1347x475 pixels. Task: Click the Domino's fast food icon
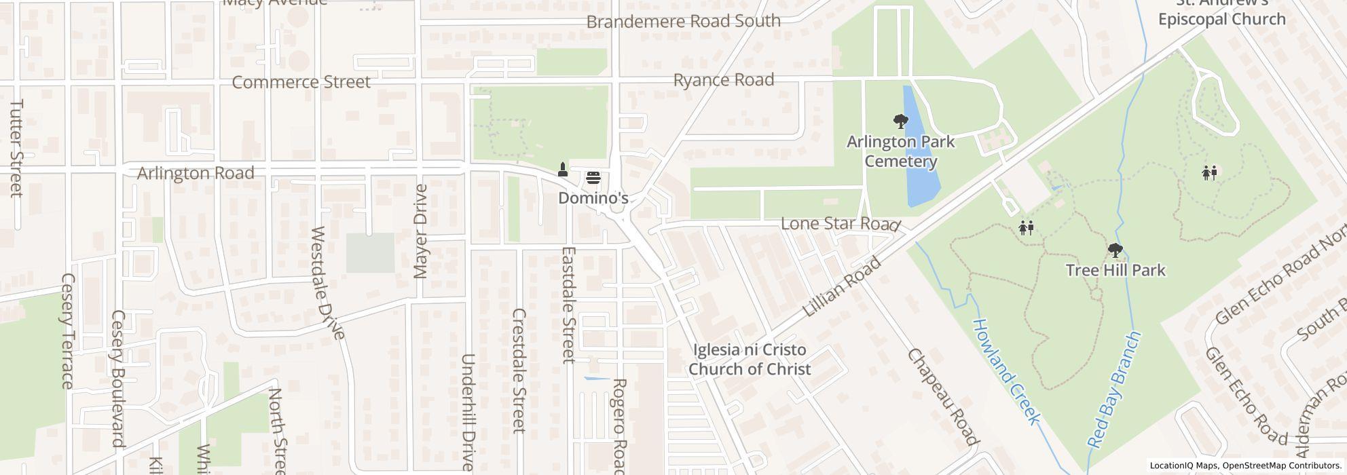(593, 178)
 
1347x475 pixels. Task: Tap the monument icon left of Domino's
(562, 169)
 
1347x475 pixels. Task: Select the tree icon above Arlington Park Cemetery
(901, 122)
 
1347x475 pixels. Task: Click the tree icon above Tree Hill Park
(1115, 251)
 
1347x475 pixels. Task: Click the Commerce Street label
(301, 82)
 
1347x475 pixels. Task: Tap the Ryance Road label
(724, 80)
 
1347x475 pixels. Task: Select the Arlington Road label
(196, 173)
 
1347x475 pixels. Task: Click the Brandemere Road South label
(683, 21)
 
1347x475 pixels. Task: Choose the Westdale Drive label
(329, 282)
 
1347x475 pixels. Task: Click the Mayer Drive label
(421, 231)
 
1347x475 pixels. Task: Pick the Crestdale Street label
(519, 370)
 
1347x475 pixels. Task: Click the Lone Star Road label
(840, 223)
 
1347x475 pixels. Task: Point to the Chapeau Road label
(944, 397)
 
